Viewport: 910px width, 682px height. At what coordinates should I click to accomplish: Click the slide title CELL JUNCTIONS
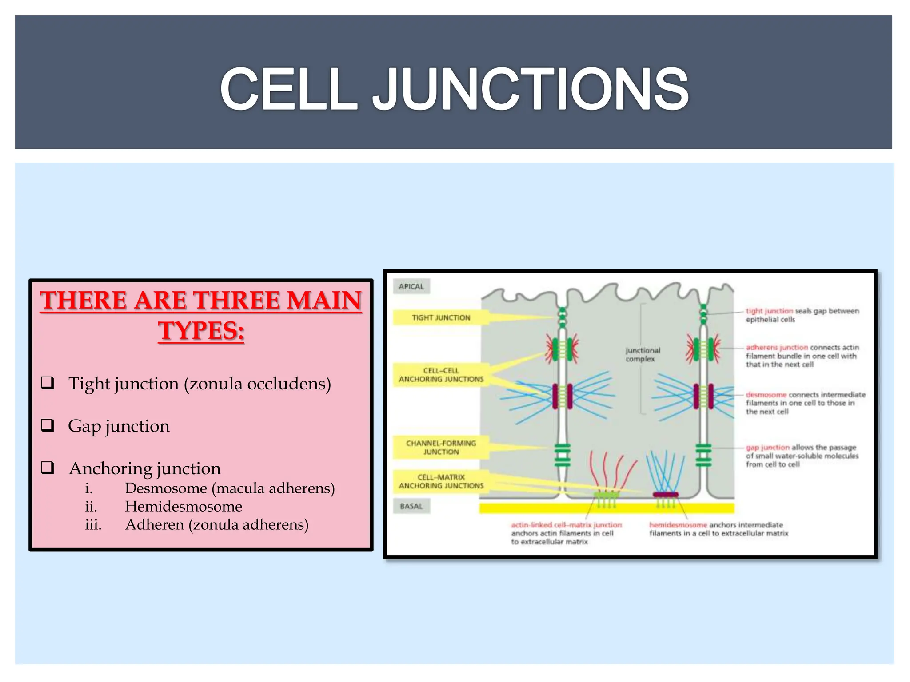click(x=454, y=89)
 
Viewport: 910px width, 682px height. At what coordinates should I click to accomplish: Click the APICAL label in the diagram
click(x=411, y=286)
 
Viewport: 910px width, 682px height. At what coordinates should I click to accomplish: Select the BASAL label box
click(x=411, y=506)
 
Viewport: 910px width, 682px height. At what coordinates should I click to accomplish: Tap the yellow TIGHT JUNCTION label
click(x=440, y=317)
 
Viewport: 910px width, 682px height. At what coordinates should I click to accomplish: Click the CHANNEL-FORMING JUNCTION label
click(x=441, y=447)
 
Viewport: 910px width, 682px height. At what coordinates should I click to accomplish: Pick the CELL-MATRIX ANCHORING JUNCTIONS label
click(x=441, y=481)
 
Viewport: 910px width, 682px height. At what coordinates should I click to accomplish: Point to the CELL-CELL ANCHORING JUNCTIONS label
click(x=441, y=374)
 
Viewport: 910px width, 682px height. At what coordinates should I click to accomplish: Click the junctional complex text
click(x=643, y=354)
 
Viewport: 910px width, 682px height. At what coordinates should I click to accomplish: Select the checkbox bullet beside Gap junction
click(x=48, y=425)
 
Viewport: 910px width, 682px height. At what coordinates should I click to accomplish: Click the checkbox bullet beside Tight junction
click(x=48, y=383)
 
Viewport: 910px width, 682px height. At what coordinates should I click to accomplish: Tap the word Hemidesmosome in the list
click(x=183, y=506)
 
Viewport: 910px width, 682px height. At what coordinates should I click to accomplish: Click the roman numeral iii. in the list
click(x=93, y=524)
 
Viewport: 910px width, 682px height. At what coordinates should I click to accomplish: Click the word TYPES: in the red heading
click(x=201, y=331)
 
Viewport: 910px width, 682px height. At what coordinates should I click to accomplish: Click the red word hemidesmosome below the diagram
click(x=678, y=525)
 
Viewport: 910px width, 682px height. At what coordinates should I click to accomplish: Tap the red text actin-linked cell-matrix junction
click(x=566, y=525)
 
